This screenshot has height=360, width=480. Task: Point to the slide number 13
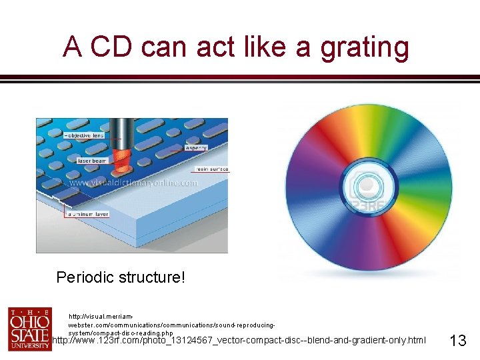457,341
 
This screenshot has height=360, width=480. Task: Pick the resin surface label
212,169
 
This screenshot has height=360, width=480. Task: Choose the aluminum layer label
87,214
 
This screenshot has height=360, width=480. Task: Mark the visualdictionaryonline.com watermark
133,183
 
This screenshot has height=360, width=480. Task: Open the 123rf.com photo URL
239,341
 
